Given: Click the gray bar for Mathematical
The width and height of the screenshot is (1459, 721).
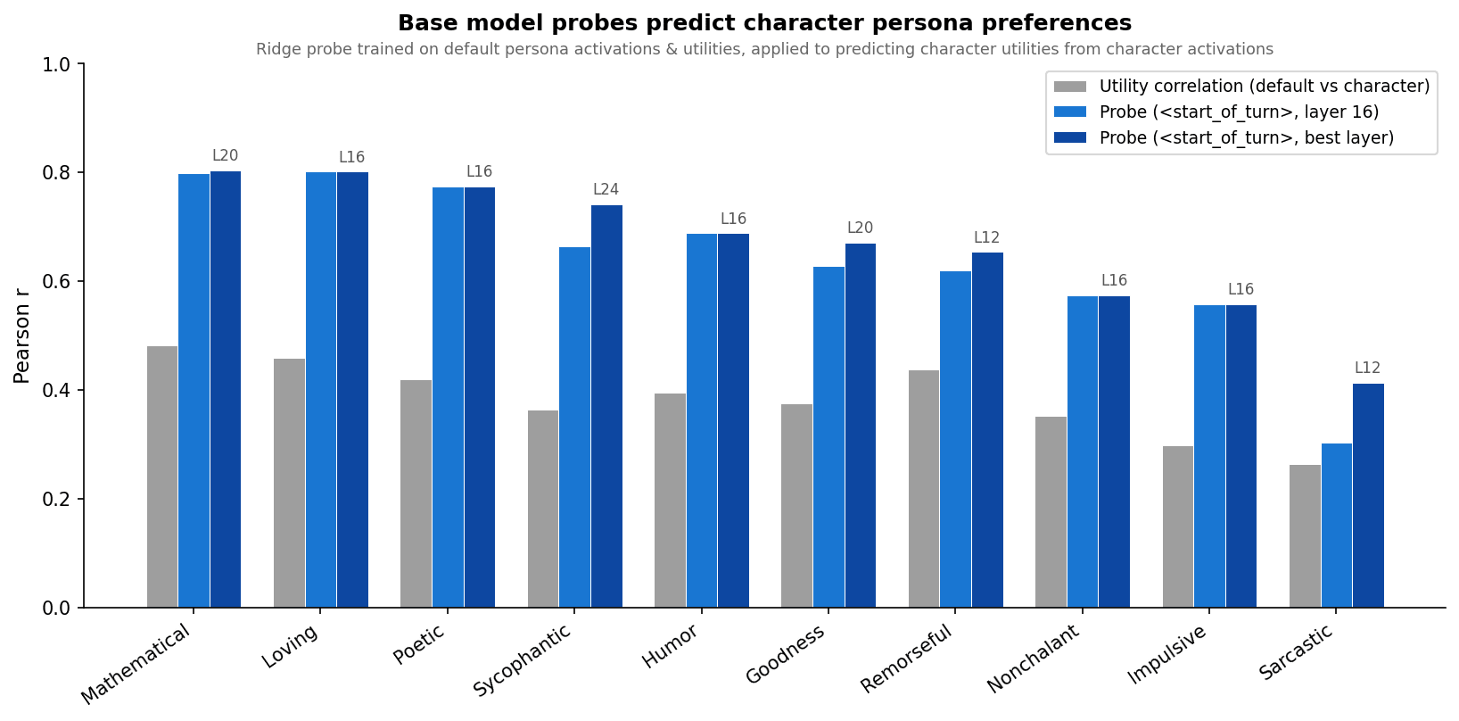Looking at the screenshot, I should coord(162,477).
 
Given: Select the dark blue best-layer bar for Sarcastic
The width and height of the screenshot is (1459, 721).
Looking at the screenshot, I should coord(1368,495).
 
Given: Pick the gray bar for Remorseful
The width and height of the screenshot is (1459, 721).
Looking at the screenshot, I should coord(924,488).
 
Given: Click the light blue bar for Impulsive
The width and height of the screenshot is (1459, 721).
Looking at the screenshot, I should coord(1209,456).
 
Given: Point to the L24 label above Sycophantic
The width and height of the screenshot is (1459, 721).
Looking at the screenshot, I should coord(606,190).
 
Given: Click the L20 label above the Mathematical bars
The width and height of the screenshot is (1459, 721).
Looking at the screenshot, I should coord(225,156).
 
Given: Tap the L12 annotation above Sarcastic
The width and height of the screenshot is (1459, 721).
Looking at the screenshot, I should coord(1367,369).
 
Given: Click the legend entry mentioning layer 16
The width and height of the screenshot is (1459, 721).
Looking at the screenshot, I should coord(1239,112).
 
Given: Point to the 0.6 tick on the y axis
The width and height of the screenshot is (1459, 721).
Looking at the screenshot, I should coord(58,282).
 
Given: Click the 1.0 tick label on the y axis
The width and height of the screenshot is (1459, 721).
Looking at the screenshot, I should coord(58,65).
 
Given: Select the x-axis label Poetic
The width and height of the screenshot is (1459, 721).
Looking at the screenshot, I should coord(419,644).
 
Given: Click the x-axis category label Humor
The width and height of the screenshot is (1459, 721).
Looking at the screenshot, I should coord(670,646).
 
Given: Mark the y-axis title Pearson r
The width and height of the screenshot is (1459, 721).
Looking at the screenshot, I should coord(22,336).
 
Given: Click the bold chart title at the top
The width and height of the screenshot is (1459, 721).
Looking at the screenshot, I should coord(764,23).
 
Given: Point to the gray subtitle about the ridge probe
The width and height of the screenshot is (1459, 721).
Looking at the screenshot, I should coord(764,50).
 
